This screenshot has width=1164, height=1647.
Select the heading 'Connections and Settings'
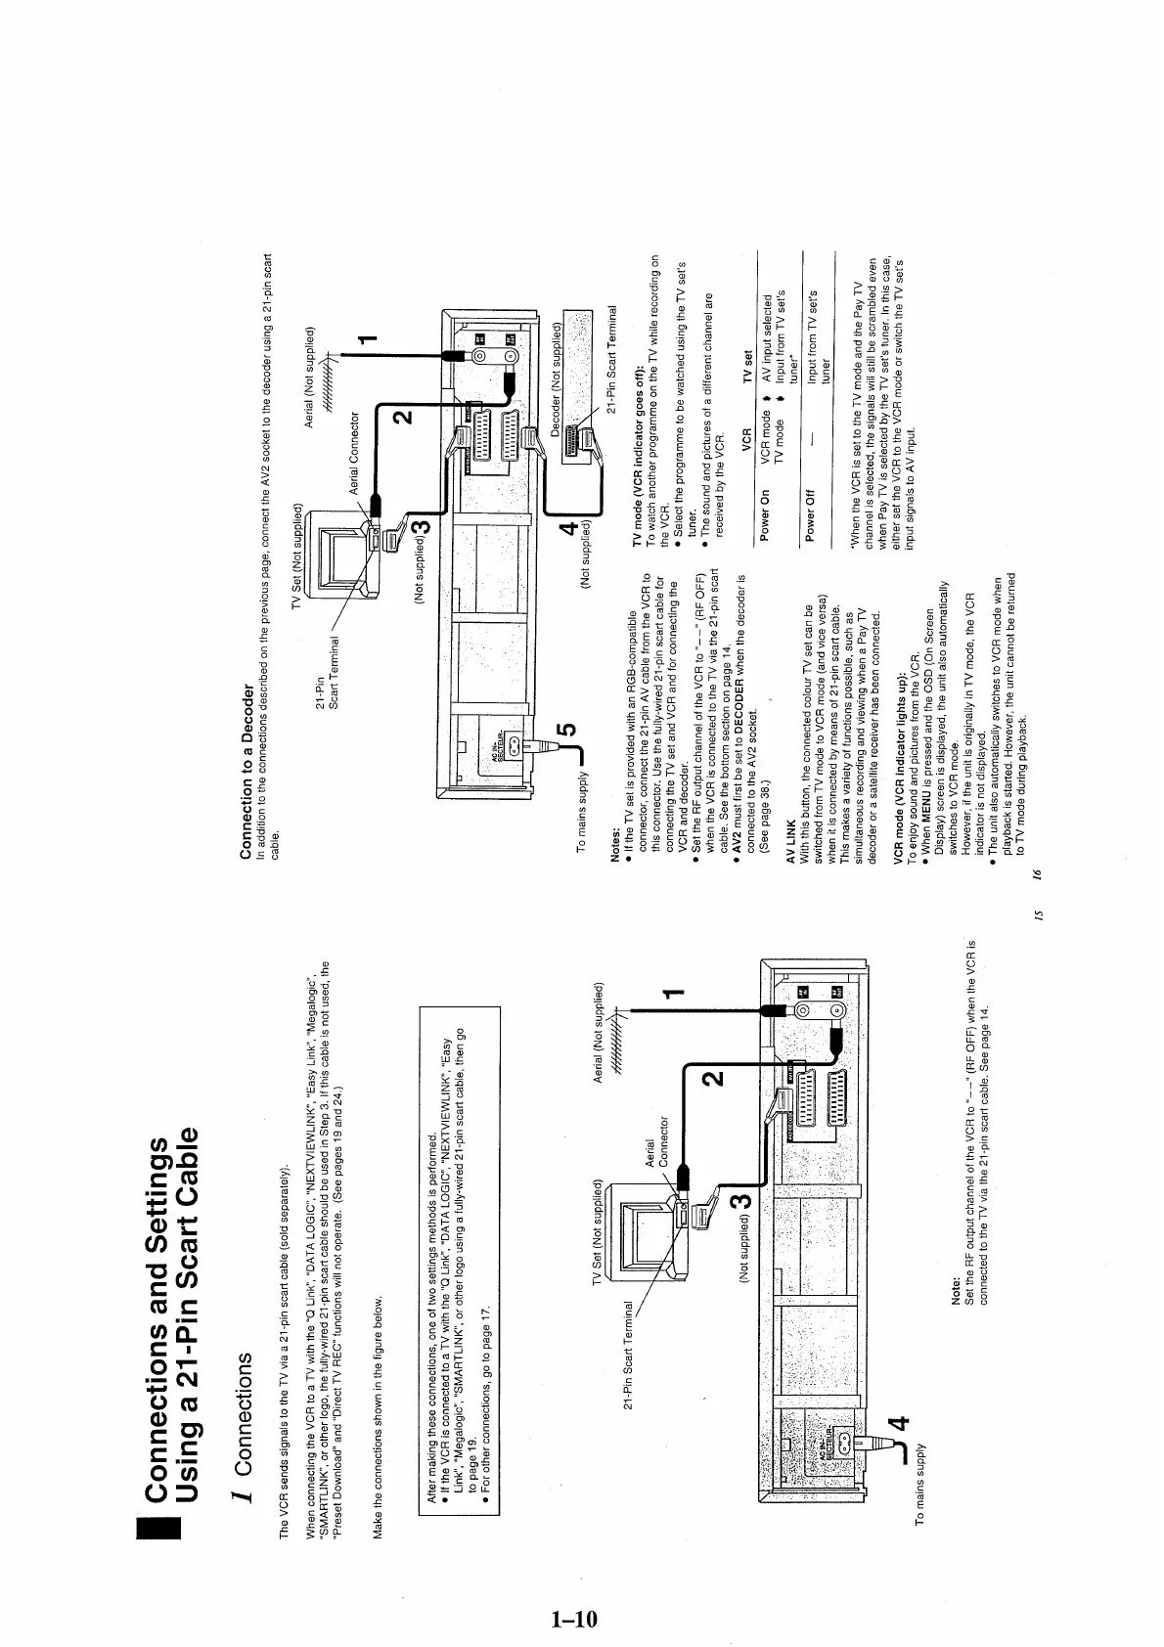point(157,1291)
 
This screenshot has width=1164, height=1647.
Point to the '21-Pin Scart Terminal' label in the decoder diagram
point(612,360)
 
